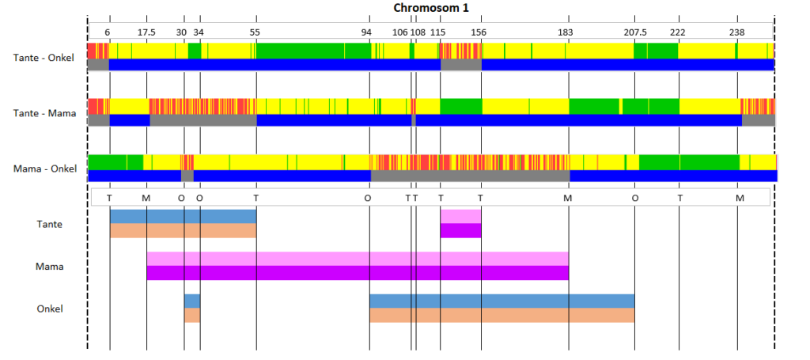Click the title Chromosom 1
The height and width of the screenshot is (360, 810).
coord(431,8)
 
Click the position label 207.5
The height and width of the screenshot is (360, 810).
coord(635,32)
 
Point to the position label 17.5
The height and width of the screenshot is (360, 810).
coord(146,32)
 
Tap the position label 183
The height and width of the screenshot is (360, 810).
coord(566,32)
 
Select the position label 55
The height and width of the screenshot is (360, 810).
coord(255,32)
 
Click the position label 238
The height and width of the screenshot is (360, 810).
coord(736,32)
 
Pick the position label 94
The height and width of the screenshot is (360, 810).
coord(366,32)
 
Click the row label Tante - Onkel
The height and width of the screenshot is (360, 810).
coord(44,58)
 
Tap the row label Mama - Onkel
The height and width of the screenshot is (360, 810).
coord(45,169)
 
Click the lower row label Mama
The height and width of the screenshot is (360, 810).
coord(50,267)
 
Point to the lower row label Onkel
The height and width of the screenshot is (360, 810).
coord(50,309)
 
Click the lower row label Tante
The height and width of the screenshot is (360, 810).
coord(50,224)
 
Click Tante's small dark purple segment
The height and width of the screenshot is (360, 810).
coord(461,230)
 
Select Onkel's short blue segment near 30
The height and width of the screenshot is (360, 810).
coord(192,301)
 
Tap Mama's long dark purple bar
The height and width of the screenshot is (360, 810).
coord(358,273)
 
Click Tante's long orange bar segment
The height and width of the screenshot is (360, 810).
coord(184,230)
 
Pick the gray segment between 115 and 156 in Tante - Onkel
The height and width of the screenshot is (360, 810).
coord(461,65)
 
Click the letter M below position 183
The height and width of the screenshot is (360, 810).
coord(568,198)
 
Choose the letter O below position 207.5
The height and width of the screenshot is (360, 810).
coord(635,198)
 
